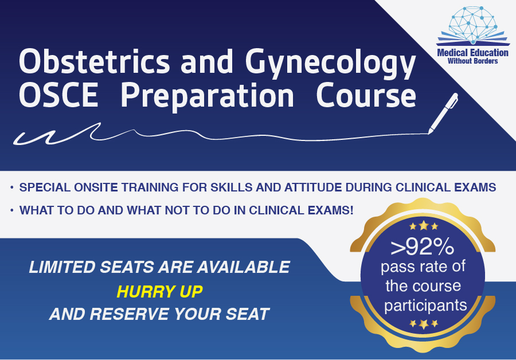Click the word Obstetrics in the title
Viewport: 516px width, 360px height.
tap(95, 61)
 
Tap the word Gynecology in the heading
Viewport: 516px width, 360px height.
tap(331, 65)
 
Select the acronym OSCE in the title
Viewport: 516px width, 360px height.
tap(59, 95)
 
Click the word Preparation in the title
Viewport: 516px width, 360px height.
tap(208, 97)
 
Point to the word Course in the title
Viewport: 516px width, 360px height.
tap(366, 95)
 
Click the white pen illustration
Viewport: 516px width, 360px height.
tap(443, 114)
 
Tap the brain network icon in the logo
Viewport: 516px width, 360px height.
tap(473, 25)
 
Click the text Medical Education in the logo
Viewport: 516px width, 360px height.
tap(472, 53)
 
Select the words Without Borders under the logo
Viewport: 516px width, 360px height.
tap(472, 61)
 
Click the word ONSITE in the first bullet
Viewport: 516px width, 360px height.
tap(96, 187)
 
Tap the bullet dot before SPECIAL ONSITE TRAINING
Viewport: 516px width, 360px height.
tap(12, 187)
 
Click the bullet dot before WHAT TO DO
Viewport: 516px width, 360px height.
tap(12, 210)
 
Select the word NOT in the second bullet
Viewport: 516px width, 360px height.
tap(177, 210)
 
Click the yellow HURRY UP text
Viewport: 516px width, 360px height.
tap(159, 292)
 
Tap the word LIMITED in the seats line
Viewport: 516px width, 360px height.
tap(62, 267)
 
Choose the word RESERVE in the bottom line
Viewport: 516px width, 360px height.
tap(130, 314)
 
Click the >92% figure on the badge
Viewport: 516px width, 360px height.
tap(422, 246)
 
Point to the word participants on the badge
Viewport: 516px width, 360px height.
tap(425, 306)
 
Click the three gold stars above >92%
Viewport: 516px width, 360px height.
tap(424, 226)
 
